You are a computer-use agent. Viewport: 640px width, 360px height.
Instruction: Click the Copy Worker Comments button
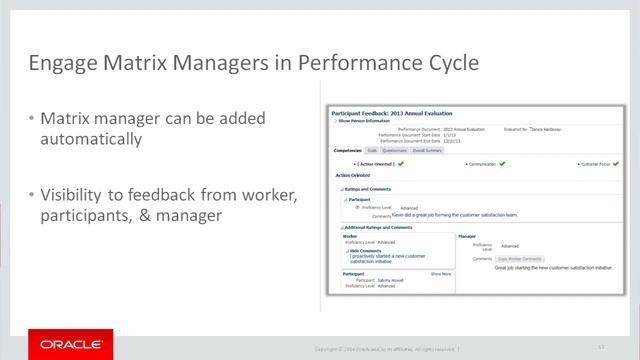[520, 259]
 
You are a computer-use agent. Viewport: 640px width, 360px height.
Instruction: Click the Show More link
[441, 272]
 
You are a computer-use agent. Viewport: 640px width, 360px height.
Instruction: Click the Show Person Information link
[362, 123]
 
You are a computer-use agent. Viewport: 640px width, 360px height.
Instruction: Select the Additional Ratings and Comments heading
[378, 228]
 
